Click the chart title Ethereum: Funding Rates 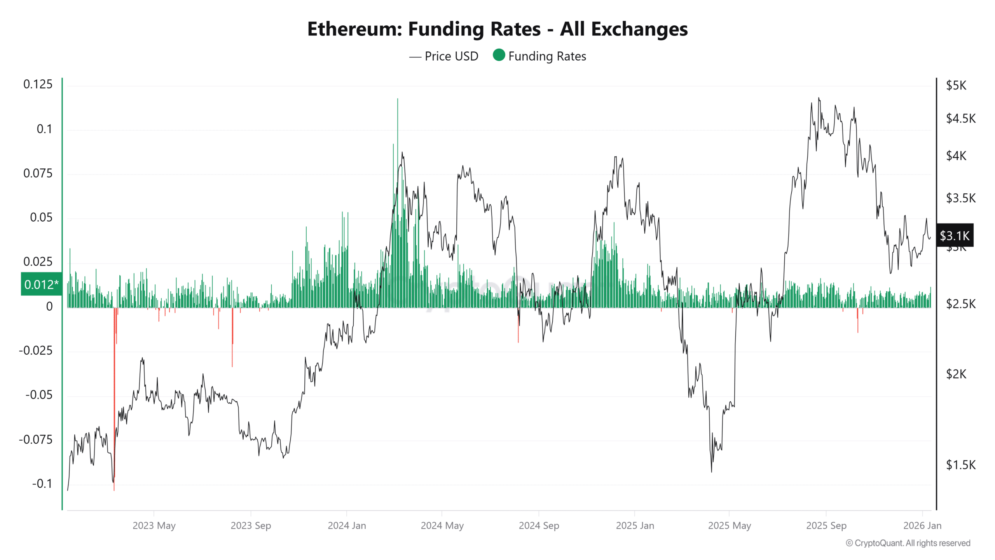[x=497, y=29]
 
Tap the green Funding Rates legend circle [x=499, y=55]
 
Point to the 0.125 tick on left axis [x=38, y=84]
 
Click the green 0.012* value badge [x=41, y=284]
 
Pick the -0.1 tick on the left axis [x=42, y=484]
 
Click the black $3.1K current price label [x=955, y=236]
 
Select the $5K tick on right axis [x=956, y=85]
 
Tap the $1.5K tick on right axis [x=960, y=465]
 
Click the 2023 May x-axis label [x=154, y=525]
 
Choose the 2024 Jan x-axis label [x=347, y=525]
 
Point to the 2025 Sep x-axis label [x=826, y=525]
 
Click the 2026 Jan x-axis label [x=922, y=525]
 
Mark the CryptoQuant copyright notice [x=908, y=543]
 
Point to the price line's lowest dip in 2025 [x=711, y=471]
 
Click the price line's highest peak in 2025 [x=819, y=98]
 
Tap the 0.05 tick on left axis [x=41, y=217]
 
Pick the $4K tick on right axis [x=956, y=156]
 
